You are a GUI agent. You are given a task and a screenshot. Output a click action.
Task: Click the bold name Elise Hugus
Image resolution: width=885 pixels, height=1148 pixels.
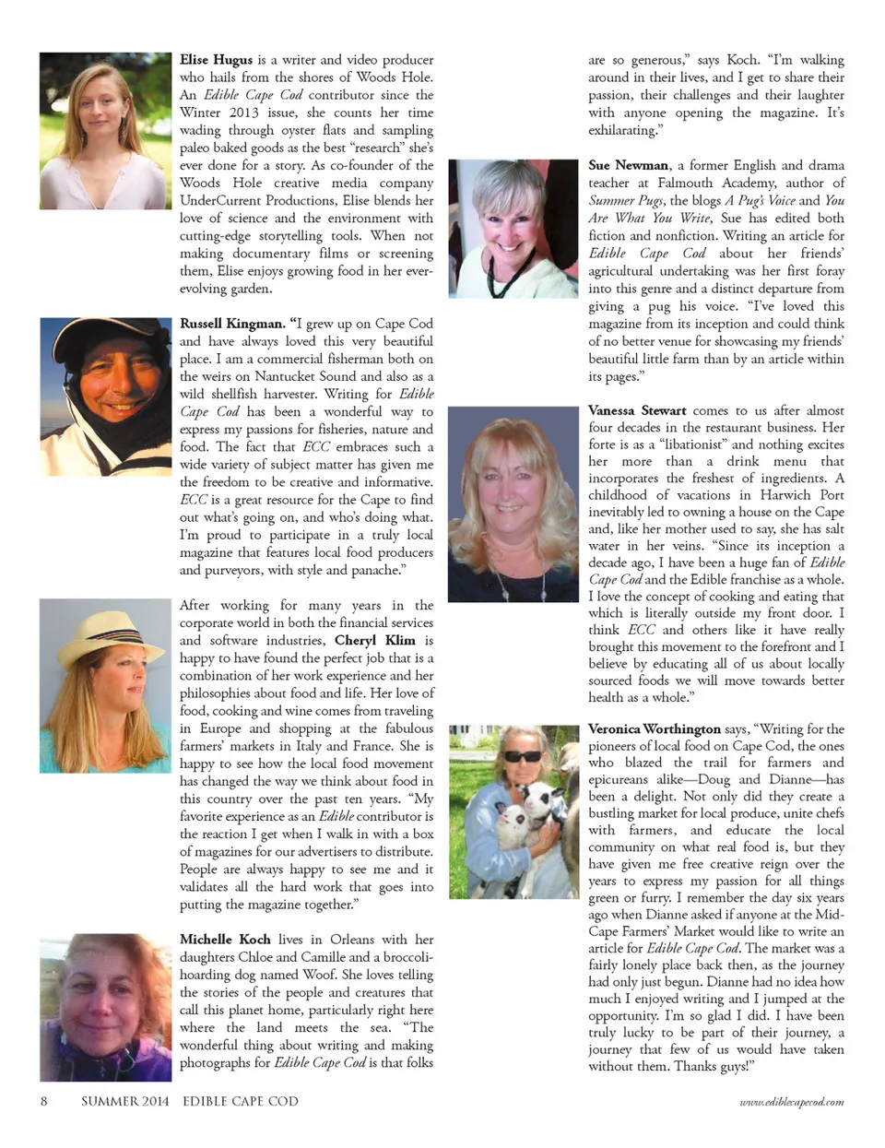(x=216, y=60)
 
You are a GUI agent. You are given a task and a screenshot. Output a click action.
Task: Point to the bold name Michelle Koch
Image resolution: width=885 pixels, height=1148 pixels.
(x=225, y=940)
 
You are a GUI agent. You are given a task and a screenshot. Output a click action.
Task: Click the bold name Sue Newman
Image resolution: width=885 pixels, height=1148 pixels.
(x=628, y=165)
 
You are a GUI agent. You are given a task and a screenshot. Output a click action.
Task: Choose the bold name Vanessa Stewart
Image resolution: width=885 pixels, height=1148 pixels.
(x=636, y=410)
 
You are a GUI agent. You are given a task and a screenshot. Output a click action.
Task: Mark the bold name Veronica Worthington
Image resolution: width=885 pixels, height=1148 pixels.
(x=654, y=729)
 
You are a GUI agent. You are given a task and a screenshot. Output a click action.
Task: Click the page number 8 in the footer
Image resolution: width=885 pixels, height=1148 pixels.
(x=43, y=1101)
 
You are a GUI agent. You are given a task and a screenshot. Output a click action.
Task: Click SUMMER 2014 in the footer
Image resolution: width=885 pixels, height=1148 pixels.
(x=124, y=1101)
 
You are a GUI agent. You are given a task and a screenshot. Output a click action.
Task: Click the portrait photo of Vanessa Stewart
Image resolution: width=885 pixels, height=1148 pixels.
(x=513, y=504)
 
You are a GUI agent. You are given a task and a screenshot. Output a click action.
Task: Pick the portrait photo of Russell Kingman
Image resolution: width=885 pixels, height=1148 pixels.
(x=105, y=382)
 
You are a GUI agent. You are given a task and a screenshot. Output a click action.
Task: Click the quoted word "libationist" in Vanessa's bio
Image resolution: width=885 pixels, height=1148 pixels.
(x=683, y=444)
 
